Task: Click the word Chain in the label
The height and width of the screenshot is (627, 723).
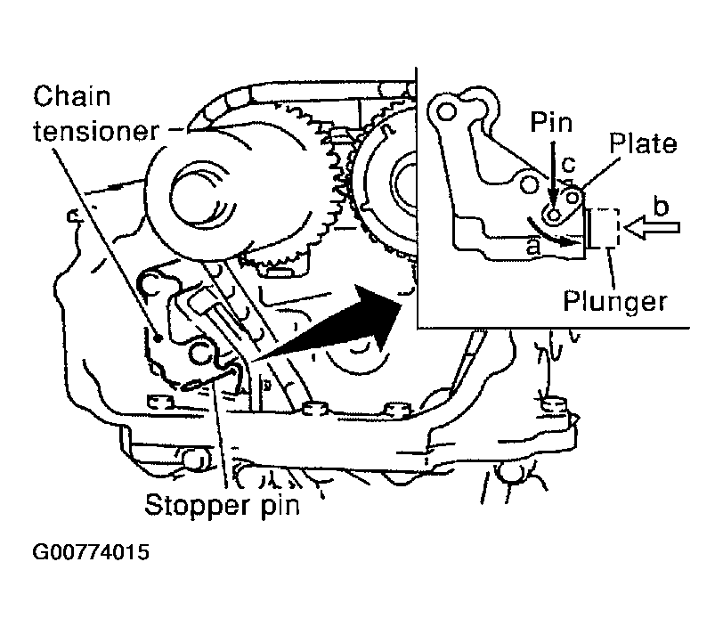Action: (72, 96)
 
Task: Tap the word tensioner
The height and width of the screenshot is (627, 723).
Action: (96, 131)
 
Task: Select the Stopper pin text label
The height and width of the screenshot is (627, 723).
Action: (223, 505)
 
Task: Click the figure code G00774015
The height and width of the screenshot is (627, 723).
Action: (91, 552)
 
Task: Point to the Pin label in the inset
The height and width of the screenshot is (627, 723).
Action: (551, 123)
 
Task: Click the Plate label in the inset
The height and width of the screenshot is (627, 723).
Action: (643, 143)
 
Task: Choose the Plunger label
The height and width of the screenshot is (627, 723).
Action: (615, 302)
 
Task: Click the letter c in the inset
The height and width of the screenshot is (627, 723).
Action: (569, 164)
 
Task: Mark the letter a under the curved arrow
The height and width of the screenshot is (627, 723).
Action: (533, 247)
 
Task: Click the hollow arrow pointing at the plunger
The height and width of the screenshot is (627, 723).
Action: (652, 227)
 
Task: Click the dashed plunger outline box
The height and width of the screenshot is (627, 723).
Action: (605, 228)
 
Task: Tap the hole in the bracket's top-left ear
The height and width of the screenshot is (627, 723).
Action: (446, 111)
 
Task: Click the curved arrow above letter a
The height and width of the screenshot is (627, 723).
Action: (552, 234)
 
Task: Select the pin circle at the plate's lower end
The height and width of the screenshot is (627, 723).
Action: (554, 215)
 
